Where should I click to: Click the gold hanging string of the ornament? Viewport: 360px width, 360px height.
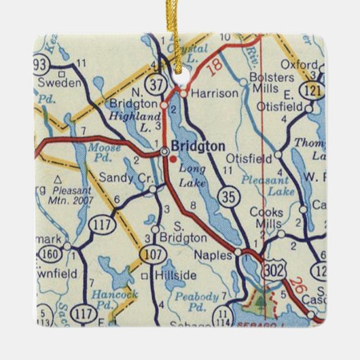click(x=180, y=27)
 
